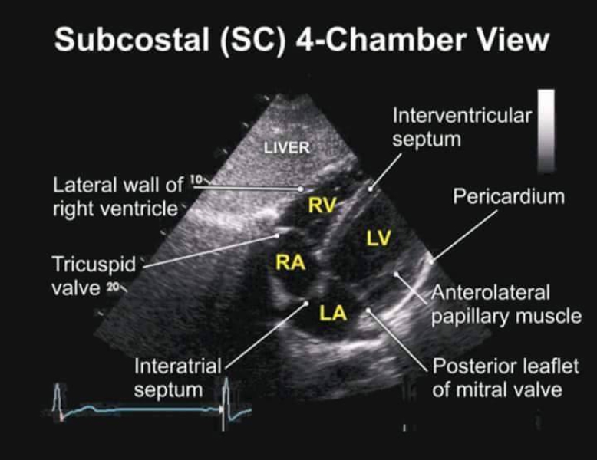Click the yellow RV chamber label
322,205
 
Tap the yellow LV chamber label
378,238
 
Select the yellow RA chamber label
291,262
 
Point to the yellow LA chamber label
333,313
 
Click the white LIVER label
287,148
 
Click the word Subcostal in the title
132,39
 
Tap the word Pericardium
508,197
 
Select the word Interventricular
462,115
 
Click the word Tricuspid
94,264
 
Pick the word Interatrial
178,366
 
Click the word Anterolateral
491,293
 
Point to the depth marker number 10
196,179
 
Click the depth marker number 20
112,287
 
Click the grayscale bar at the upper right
546,131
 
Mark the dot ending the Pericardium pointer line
431,261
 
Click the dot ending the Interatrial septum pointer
305,303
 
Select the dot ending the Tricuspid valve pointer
277,235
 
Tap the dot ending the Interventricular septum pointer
370,188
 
